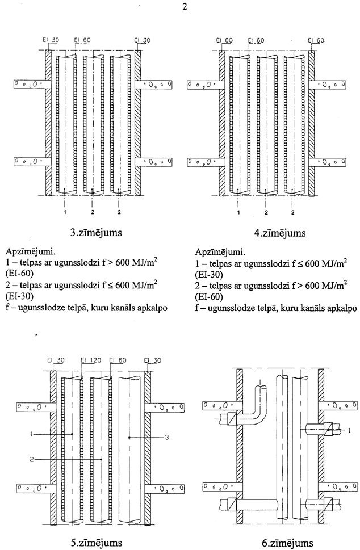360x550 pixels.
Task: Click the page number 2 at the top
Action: (185, 7)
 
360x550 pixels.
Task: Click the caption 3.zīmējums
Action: (96, 233)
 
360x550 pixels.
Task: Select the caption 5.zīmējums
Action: (97, 543)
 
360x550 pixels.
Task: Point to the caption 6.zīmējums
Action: (287, 543)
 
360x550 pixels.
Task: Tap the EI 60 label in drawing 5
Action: (118, 360)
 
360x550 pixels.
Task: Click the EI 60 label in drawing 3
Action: (82, 40)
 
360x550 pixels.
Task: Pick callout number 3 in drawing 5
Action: (167, 438)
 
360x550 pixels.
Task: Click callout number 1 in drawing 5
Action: (31, 434)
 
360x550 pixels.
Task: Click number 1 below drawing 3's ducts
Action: (65, 212)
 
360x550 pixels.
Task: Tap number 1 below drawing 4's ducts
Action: (238, 212)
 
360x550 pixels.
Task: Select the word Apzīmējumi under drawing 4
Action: (220, 252)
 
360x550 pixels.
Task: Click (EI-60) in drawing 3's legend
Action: (20, 274)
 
